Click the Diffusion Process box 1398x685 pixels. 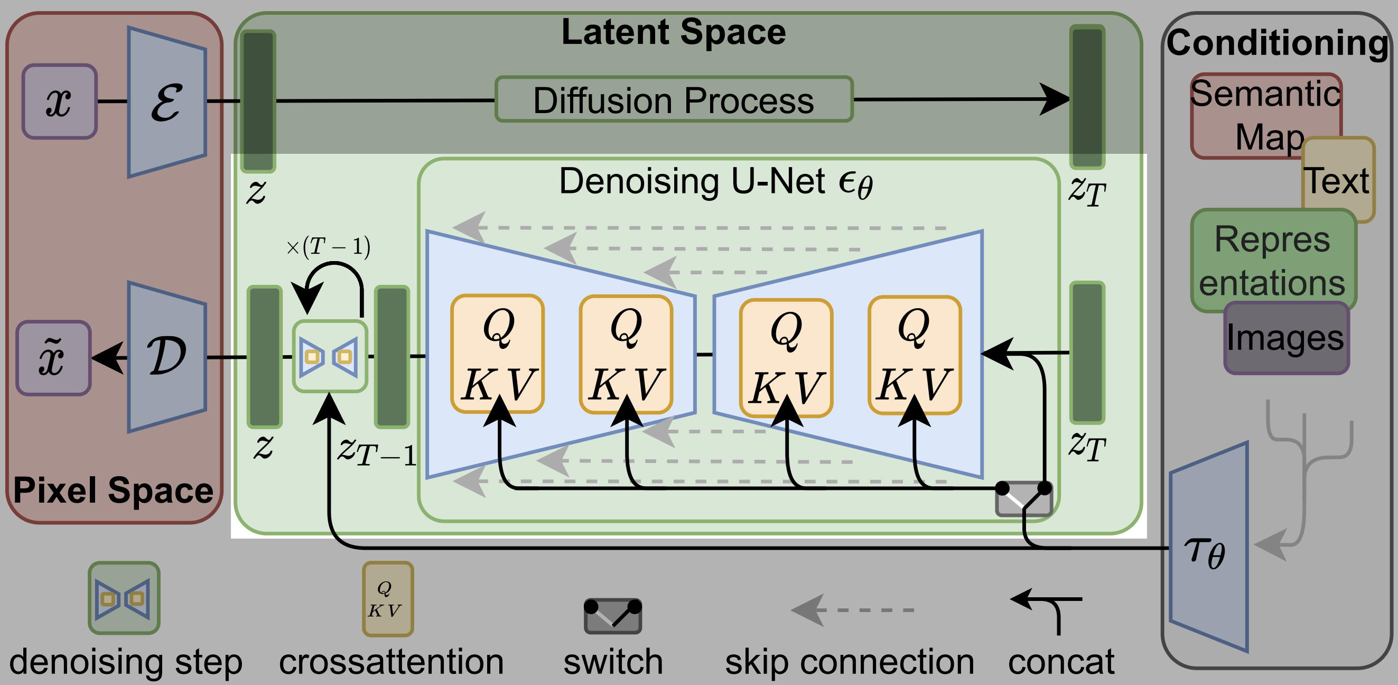pos(674,99)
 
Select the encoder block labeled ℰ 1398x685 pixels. pos(167,102)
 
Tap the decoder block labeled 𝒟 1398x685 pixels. pos(167,357)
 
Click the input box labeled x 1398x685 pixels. pos(60,101)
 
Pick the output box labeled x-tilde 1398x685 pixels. pos(53,358)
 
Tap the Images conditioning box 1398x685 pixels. pos(1286,338)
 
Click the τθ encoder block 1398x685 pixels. pos(1209,548)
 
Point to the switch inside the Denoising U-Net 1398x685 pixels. pos(1023,497)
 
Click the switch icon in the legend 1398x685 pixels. pos(613,616)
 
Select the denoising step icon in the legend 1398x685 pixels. pos(124,598)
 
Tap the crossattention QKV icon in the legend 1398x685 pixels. pos(387,599)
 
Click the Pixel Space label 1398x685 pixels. pos(113,490)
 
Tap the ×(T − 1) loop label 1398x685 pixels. pos(328,247)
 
